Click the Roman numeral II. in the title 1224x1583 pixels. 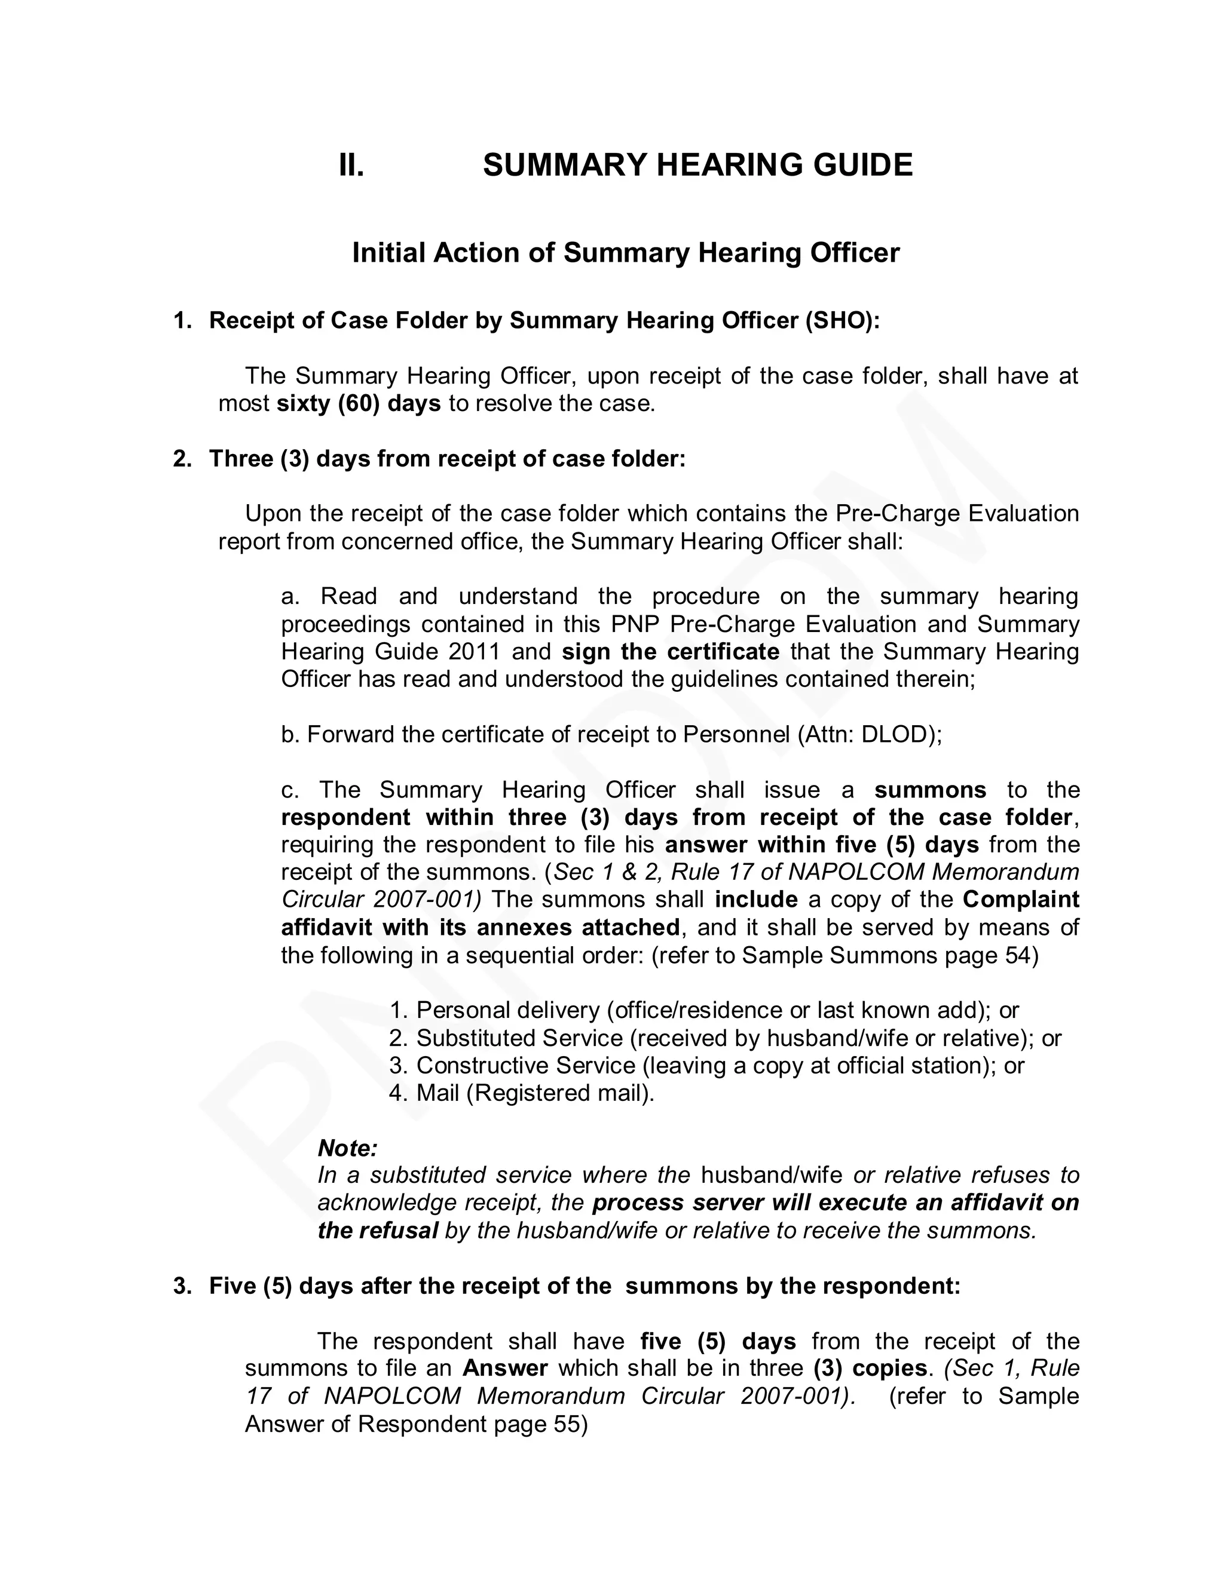pyautogui.click(x=351, y=165)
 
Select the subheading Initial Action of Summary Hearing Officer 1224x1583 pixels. pyautogui.click(x=625, y=253)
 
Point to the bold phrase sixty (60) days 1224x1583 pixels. pyautogui.click(x=359, y=404)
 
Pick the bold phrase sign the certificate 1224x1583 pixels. pyautogui.click(x=670, y=652)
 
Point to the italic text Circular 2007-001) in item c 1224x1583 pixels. pyautogui.click(x=381, y=900)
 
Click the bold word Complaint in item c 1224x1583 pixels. pyautogui.click(x=1020, y=900)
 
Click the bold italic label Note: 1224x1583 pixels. pyautogui.click(x=347, y=1148)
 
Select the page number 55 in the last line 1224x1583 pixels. pyautogui.click(x=567, y=1424)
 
